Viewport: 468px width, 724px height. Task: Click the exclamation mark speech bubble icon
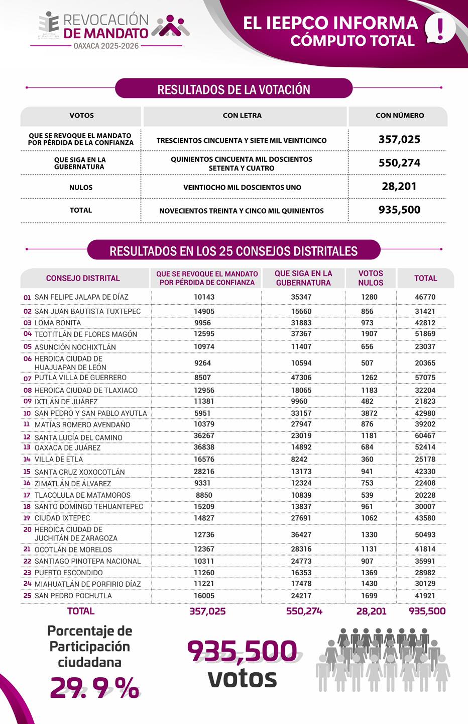tap(440, 29)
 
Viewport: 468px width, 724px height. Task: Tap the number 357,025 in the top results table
tap(399, 140)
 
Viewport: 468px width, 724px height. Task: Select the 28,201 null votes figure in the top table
tap(399, 187)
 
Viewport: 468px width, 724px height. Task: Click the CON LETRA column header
tap(242, 116)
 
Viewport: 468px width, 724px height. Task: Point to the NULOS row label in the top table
tap(81, 188)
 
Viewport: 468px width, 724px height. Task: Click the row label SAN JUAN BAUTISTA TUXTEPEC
tap(87, 311)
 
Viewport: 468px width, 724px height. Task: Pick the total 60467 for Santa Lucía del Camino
tap(425, 435)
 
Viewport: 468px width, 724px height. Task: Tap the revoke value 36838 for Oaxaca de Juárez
tap(204, 447)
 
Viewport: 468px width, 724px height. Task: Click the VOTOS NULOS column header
tap(371, 278)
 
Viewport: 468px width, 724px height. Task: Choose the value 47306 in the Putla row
tap(301, 378)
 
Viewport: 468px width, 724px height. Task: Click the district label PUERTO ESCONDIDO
tap(68, 573)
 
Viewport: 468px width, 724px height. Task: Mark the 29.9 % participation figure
tap(94, 687)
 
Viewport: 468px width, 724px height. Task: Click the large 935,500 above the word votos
tap(243, 651)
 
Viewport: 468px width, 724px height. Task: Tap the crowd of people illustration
tap(383, 659)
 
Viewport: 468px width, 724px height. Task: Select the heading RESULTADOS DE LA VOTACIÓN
tap(233, 89)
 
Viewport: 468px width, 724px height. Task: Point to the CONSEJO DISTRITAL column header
tap(83, 278)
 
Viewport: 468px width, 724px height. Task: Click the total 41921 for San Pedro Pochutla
tap(425, 596)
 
